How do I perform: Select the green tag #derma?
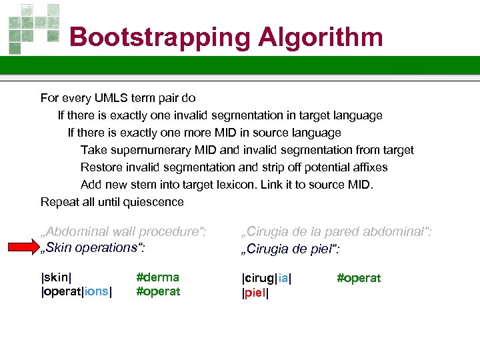[157, 277]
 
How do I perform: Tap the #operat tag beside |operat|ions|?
[158, 291]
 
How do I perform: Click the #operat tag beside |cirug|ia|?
[359, 278]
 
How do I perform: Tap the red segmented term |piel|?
[255, 293]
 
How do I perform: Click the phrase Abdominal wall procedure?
[124, 231]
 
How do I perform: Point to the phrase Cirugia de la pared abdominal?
[336, 231]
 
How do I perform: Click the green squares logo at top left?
[33, 27]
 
